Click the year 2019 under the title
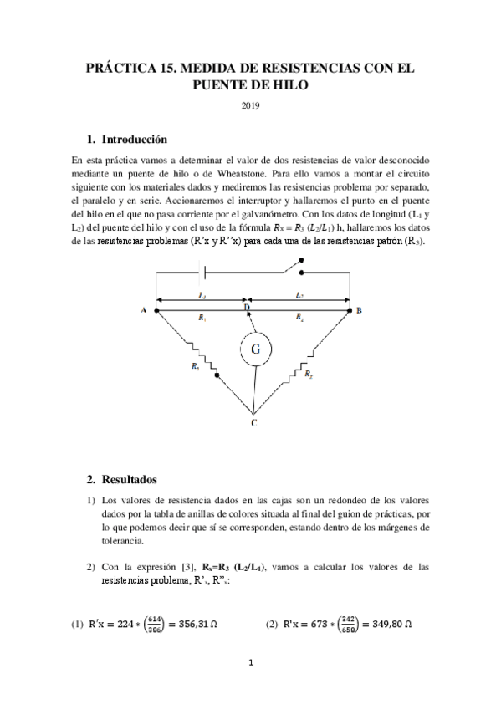[x=251, y=105]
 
